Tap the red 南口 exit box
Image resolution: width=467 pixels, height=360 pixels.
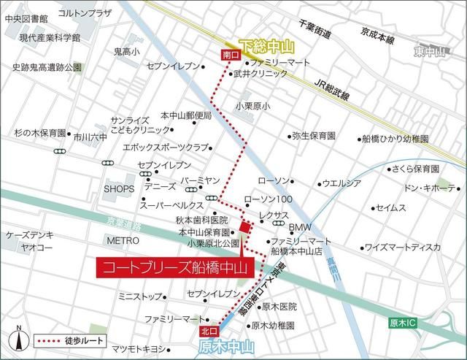pos(228,55)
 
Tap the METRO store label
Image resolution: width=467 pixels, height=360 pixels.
pos(123,240)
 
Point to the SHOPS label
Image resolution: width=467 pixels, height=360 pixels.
pos(119,188)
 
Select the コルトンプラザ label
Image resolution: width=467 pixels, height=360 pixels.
pos(82,14)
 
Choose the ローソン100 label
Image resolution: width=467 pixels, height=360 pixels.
pos(267,199)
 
